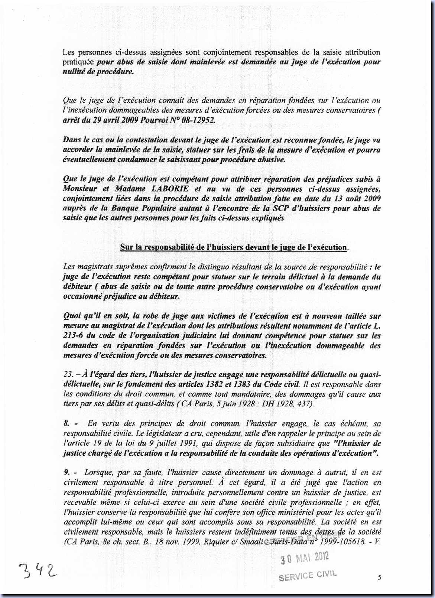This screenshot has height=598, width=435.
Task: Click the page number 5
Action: [379, 577]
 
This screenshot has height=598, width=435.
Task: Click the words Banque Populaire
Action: [124, 208]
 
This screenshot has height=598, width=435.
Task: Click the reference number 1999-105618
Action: [344, 542]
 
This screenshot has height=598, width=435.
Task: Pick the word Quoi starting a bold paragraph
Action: [72, 316]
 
